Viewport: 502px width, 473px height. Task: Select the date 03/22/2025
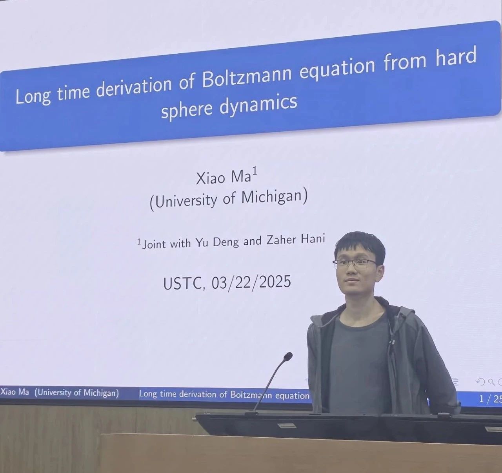pos(251,282)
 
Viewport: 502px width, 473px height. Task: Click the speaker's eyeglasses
pos(356,264)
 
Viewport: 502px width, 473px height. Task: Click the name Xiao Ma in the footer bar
pos(15,392)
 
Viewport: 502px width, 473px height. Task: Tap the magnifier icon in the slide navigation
pos(491,382)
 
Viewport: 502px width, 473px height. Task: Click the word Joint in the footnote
pos(154,244)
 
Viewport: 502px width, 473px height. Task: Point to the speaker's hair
pos(360,245)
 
